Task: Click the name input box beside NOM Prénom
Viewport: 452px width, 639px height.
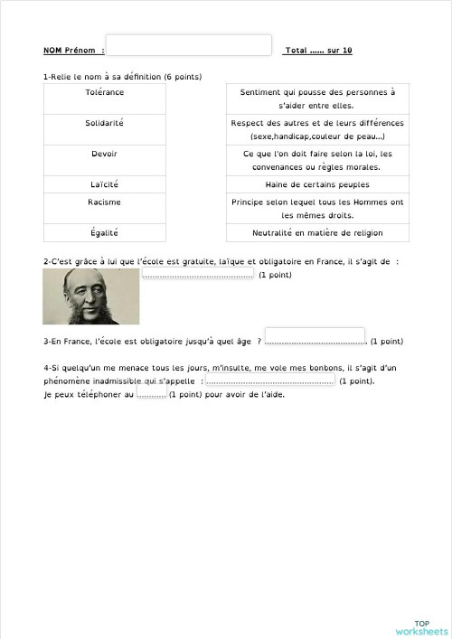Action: (189, 45)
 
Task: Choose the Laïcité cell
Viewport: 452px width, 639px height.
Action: (105, 184)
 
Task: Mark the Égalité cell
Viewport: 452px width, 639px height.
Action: (105, 233)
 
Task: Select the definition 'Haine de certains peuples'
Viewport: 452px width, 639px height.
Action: (317, 184)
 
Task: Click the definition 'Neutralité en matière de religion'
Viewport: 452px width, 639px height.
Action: (317, 233)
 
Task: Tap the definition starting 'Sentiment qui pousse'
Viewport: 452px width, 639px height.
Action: (317, 99)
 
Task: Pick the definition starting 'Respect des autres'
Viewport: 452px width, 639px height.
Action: (317, 128)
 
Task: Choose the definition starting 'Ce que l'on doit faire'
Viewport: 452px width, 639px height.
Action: (317, 159)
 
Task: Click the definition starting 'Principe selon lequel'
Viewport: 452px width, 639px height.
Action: (317, 208)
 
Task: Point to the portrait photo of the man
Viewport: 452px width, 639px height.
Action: (90, 296)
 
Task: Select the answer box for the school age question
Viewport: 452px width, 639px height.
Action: (315, 336)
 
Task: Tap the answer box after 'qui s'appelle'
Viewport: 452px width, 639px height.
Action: (269, 381)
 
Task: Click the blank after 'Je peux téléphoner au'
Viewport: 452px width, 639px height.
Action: (152, 394)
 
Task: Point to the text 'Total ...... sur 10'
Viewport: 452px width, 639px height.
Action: (317, 51)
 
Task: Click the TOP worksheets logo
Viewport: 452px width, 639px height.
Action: (421, 627)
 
